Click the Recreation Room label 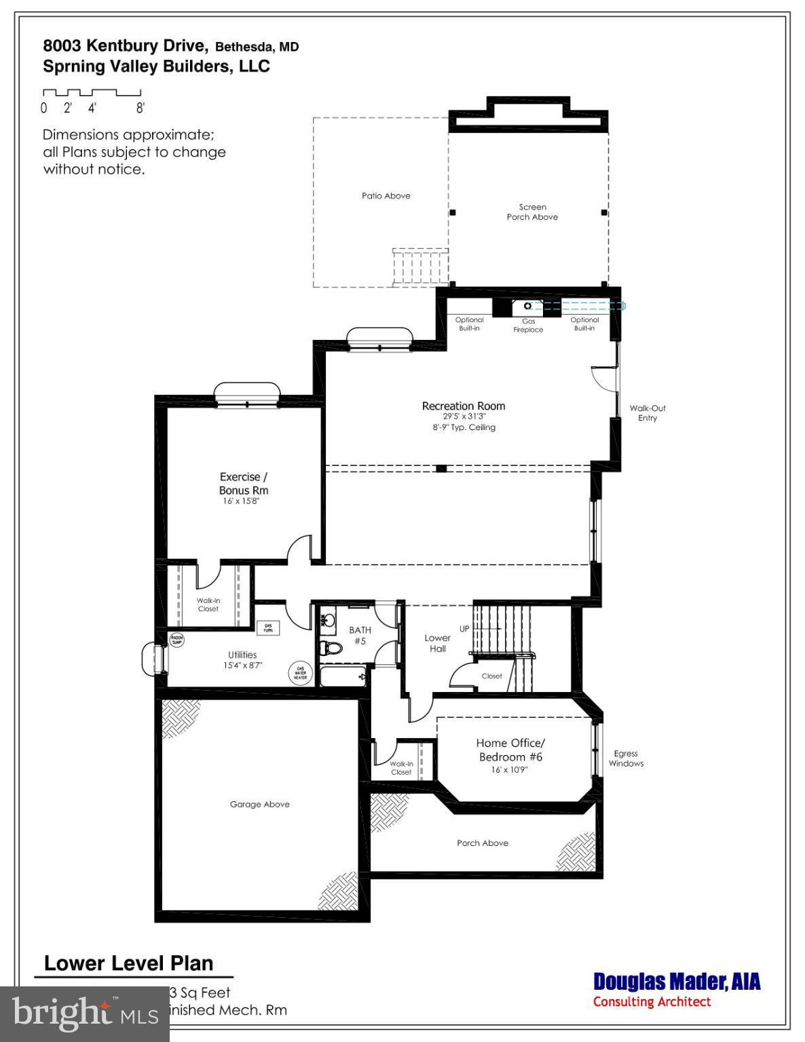coord(464,406)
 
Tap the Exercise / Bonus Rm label coord(243,483)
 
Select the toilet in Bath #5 coord(331,647)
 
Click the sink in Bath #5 coord(329,618)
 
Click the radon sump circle coord(176,640)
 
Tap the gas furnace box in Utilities coord(267,628)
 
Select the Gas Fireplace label coord(528,326)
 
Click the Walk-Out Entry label coord(647,412)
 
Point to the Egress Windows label coord(625,758)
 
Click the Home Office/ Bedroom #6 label coord(510,750)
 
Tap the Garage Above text coord(259,804)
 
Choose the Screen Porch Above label coord(532,212)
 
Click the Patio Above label coord(386,195)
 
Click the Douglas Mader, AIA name coord(676,982)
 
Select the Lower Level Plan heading coord(129,963)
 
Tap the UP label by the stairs coord(464,629)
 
